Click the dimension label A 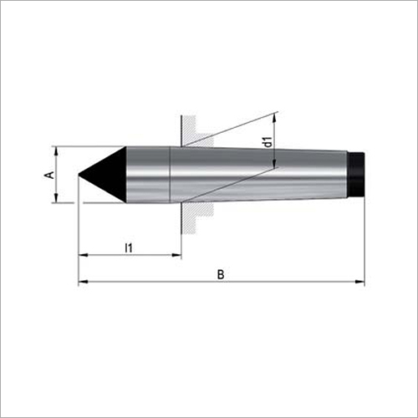[49, 174]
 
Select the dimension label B [220, 273]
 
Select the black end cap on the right [357, 174]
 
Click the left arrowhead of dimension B [82, 283]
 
